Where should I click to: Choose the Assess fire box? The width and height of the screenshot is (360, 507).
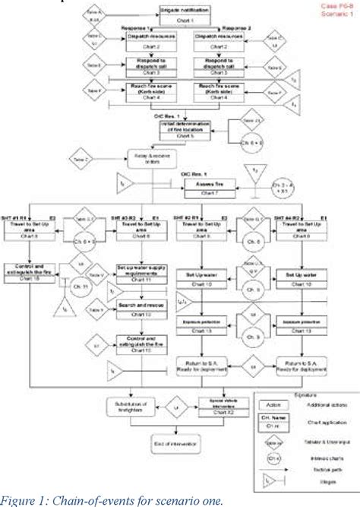coord(205,185)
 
